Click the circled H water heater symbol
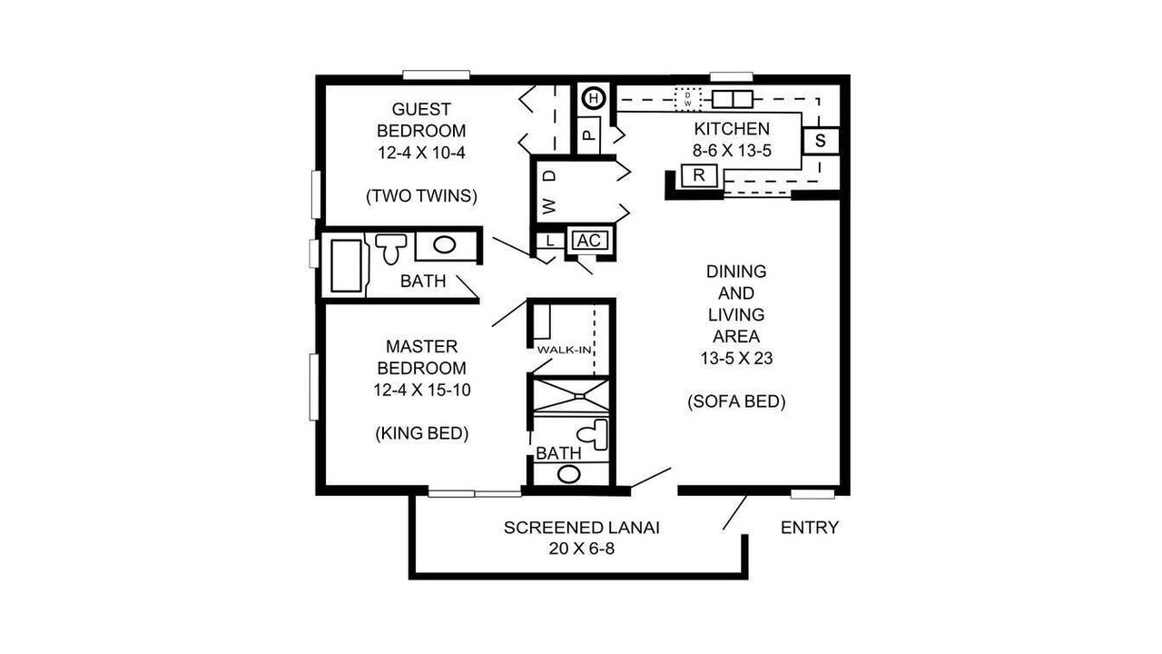[594, 98]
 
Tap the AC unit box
[589, 241]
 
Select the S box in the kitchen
[820, 141]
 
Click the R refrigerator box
[699, 175]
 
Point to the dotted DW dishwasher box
[688, 99]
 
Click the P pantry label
[588, 135]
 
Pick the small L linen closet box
[550, 241]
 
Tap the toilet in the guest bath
[390, 248]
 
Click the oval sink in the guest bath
[445, 244]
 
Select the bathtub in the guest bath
[346, 265]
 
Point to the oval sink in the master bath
[568, 474]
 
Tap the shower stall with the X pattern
[571, 396]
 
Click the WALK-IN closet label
[565, 350]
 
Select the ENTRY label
[809, 528]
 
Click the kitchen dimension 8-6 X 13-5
[732, 151]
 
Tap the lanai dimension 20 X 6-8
[582, 549]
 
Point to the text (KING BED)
[422, 433]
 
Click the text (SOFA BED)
[736, 401]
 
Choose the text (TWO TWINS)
[422, 195]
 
